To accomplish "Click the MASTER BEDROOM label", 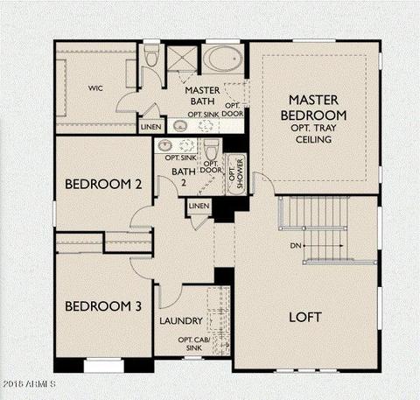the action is coord(313,108).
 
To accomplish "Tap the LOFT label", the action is coord(305,317).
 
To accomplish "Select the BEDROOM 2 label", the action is coord(103,184).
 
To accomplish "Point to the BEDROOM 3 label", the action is coord(103,306).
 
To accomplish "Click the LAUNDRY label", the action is coord(181,321).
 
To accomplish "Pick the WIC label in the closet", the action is coord(95,88).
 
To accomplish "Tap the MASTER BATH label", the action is coord(202,95).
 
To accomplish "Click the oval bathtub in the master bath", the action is coord(223,60).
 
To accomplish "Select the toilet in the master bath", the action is coord(151,54).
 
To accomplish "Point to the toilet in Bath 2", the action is coord(212,150).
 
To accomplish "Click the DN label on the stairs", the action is coord(296,246).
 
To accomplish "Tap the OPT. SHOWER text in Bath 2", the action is coord(236,173).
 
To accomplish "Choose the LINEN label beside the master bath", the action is coord(150,127).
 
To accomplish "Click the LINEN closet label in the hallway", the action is coord(199,206).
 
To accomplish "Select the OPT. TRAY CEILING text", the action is coord(313,134).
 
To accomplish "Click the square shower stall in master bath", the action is coord(182,58).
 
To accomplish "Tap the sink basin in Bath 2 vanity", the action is coord(164,144).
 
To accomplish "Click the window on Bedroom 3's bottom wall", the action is coord(104,365).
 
